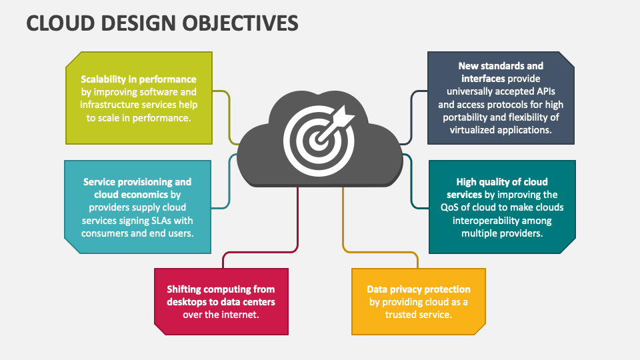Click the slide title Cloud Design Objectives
[162, 23]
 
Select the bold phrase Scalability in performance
[139, 79]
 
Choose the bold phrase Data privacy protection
[419, 289]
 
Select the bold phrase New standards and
[501, 66]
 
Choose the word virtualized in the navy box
[470, 130]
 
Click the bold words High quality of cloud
[502, 181]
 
